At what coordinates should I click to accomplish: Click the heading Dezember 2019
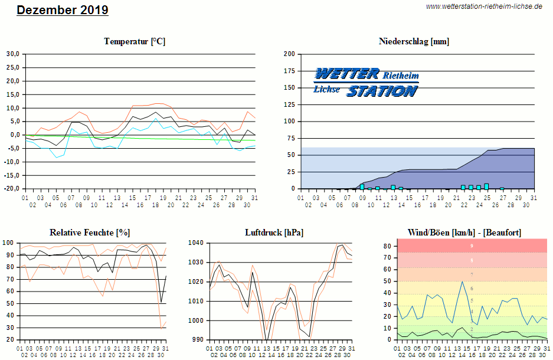tap(63, 10)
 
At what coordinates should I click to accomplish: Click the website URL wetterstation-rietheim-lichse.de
tap(483, 6)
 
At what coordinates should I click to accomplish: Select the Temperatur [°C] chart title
tap(135, 41)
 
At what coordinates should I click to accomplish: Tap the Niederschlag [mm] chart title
tap(414, 41)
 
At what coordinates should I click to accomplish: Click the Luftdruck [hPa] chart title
tap(274, 233)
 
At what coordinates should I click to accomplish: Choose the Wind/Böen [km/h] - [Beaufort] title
tap(464, 233)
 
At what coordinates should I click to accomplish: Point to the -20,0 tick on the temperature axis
tap(12, 189)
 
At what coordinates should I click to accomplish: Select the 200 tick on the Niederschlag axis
tap(289, 54)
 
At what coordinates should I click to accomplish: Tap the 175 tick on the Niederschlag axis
tap(289, 71)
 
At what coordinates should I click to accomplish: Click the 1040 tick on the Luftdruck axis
tap(196, 243)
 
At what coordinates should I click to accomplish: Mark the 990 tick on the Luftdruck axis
tap(198, 340)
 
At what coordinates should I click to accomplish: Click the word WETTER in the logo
tap(347, 74)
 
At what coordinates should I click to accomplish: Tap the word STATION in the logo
tap(381, 91)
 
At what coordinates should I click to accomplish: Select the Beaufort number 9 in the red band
tap(471, 246)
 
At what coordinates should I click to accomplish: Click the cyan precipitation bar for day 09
tap(362, 186)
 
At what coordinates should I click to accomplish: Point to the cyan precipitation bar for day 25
tap(486, 186)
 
